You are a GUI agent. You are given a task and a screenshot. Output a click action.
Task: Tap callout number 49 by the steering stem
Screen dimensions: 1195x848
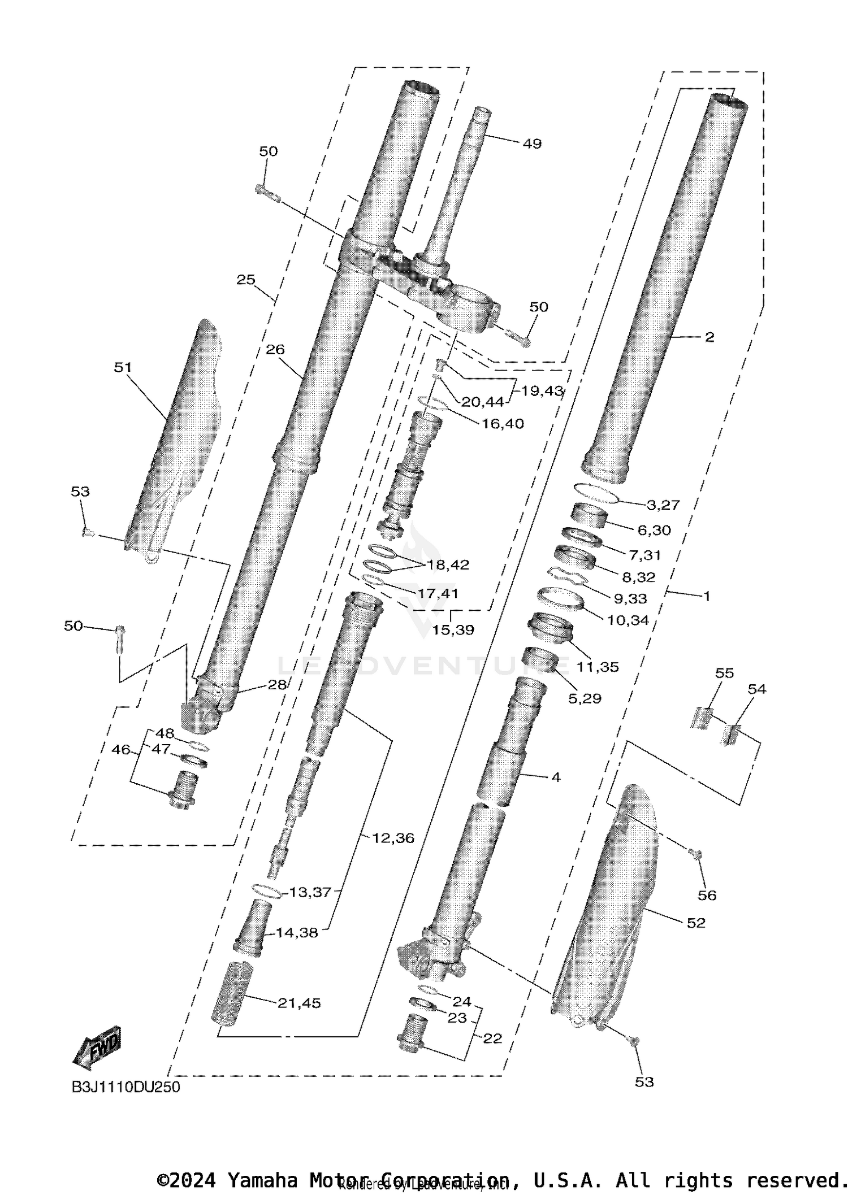tap(531, 144)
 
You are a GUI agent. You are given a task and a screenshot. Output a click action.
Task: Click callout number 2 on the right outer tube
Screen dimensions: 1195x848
tap(709, 337)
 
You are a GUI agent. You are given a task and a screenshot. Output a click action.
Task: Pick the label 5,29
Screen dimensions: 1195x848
tap(585, 698)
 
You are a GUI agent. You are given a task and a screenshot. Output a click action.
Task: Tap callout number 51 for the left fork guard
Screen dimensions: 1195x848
tap(123, 367)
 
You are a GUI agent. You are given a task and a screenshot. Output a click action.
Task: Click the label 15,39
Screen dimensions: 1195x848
tap(453, 629)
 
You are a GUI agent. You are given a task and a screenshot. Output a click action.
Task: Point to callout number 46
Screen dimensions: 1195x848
tap(120, 750)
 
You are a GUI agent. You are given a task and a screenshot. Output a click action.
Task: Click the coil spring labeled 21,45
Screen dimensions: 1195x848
tap(230, 993)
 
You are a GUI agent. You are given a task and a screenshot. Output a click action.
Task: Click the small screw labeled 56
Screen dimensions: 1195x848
tap(696, 870)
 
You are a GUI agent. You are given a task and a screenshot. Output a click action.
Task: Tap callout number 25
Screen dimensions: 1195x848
tap(246, 280)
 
